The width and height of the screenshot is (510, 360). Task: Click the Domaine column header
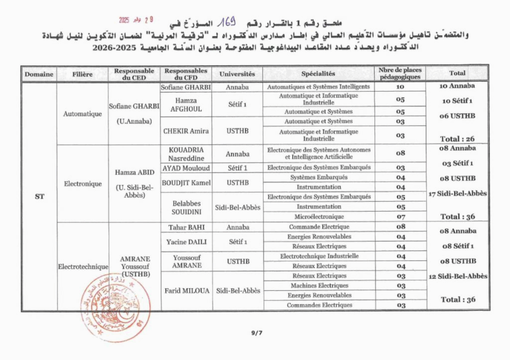(x=39, y=74)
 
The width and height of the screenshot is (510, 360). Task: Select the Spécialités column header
(x=318, y=74)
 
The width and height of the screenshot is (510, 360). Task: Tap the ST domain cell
(x=39, y=196)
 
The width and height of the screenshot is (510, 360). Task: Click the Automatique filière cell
(x=83, y=114)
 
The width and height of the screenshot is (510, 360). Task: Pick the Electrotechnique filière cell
(x=83, y=266)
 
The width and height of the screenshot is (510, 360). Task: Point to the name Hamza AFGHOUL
(x=186, y=105)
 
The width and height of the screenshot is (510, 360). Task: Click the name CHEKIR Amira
(x=186, y=131)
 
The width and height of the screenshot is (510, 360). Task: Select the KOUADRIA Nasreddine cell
(x=186, y=153)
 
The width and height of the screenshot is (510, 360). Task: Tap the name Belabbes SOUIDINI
(x=186, y=207)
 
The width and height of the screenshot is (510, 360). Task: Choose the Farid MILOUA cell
(x=186, y=291)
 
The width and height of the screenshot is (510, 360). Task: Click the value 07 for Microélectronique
(x=400, y=217)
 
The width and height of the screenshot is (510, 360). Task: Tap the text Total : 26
(x=457, y=139)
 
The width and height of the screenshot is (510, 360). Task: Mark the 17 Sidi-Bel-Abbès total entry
(x=457, y=194)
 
